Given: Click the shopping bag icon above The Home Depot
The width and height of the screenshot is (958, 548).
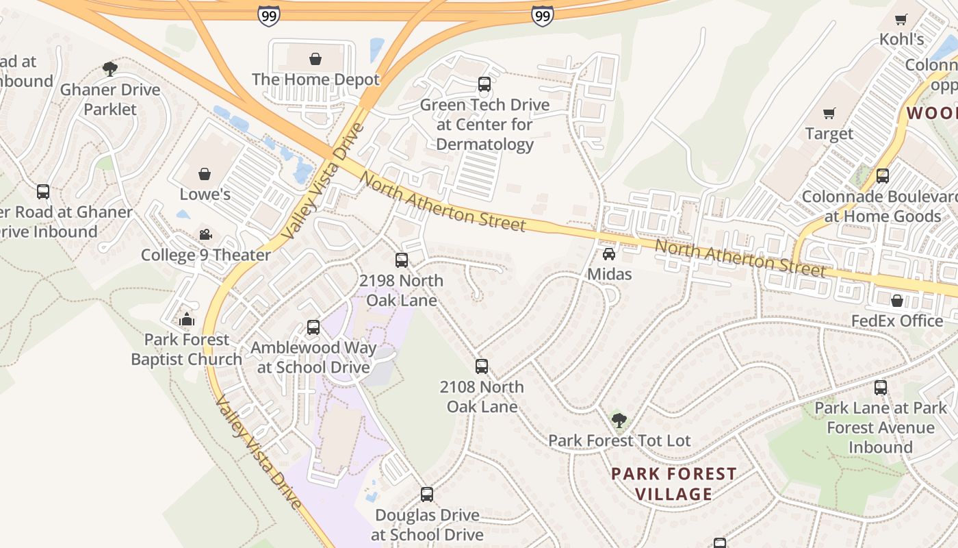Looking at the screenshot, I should click(315, 59).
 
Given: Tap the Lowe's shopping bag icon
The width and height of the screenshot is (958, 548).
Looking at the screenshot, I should click(205, 174).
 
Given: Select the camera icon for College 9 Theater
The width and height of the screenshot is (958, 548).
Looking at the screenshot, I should click(205, 235).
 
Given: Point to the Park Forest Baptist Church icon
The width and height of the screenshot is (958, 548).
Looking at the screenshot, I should click(186, 319).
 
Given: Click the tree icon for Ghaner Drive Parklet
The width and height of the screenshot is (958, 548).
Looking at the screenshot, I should click(109, 68).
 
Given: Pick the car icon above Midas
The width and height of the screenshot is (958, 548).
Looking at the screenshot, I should click(609, 254).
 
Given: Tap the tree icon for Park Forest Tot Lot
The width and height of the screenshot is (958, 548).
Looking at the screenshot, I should click(619, 420).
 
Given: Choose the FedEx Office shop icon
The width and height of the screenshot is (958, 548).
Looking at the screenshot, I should click(897, 300).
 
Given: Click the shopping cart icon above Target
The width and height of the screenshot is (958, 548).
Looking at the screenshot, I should click(829, 113).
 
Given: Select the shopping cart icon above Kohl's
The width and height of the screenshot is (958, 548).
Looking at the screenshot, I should click(902, 19).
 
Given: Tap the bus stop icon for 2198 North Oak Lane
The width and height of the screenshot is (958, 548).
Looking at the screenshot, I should click(402, 260).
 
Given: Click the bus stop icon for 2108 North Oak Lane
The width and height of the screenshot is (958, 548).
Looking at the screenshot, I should click(482, 366).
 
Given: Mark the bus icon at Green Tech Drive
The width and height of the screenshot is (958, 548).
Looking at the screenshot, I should click(484, 84).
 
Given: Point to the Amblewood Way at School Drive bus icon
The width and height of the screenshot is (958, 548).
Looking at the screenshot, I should click(313, 327).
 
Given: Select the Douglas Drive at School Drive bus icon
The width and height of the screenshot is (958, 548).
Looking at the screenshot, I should click(427, 494).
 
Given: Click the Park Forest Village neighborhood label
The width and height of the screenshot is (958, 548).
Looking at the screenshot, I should click(673, 484).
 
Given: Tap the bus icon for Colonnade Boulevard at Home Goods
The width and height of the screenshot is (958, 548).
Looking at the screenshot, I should click(883, 176).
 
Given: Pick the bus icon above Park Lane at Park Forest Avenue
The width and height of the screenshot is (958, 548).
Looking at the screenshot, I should click(881, 388).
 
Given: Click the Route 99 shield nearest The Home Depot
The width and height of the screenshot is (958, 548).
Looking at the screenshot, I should click(269, 15).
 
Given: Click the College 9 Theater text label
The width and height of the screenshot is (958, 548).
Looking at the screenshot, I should click(205, 256).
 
